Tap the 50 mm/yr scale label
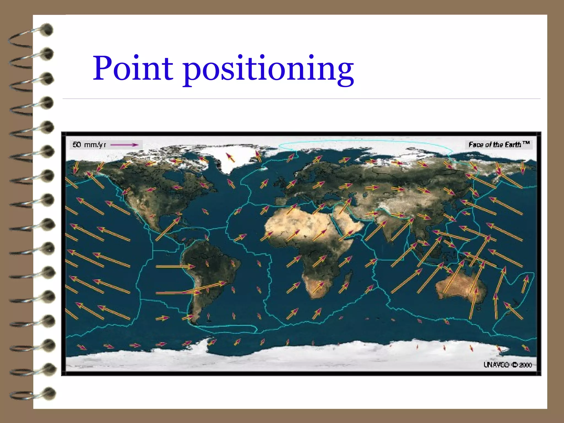point(89,145)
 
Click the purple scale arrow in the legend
point(124,145)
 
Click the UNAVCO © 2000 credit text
point(508,365)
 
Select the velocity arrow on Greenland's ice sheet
point(230,157)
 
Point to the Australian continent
point(461,286)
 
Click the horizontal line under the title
point(301,99)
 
